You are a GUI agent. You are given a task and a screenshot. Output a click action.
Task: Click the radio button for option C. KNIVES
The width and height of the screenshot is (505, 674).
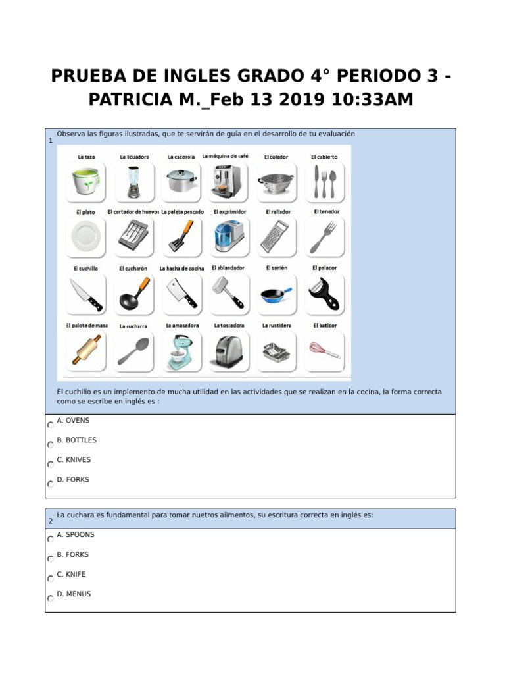(x=51, y=465)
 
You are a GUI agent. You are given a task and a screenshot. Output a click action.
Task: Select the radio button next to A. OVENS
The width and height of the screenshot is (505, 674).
(x=51, y=425)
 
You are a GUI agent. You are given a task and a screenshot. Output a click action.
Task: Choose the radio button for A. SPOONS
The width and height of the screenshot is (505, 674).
(x=51, y=540)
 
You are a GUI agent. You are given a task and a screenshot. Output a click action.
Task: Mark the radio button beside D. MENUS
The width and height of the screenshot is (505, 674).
(x=51, y=599)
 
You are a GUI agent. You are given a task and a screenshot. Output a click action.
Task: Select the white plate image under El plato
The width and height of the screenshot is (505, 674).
(x=86, y=237)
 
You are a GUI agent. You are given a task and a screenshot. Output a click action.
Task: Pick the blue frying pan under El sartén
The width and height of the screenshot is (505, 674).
(x=277, y=294)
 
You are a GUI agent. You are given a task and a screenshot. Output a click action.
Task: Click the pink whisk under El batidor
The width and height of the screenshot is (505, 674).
(x=325, y=349)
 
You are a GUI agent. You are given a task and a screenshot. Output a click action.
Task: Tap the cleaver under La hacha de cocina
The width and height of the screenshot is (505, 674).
(x=181, y=293)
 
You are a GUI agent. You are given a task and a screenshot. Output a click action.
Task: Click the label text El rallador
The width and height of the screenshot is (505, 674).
(x=277, y=212)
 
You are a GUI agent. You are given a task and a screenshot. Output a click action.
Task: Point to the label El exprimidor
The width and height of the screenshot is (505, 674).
(x=229, y=212)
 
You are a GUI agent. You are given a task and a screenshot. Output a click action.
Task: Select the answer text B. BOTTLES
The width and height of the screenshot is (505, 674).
(x=77, y=440)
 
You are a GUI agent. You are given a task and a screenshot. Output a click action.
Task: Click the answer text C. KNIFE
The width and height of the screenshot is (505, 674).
(x=71, y=574)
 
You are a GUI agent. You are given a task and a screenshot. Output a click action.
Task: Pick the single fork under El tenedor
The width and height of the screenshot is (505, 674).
(x=324, y=237)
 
